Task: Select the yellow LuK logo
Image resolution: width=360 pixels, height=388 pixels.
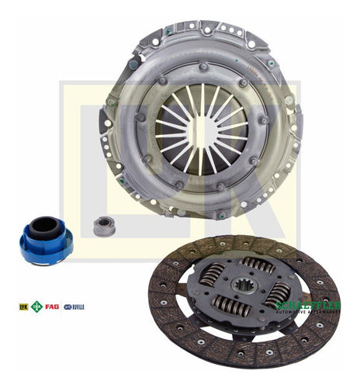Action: click(x=23, y=307)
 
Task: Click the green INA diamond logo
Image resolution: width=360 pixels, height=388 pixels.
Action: click(x=36, y=307)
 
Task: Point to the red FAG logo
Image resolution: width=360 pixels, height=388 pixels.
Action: click(x=52, y=307)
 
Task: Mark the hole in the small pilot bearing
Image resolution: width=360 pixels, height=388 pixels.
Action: click(x=99, y=226)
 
